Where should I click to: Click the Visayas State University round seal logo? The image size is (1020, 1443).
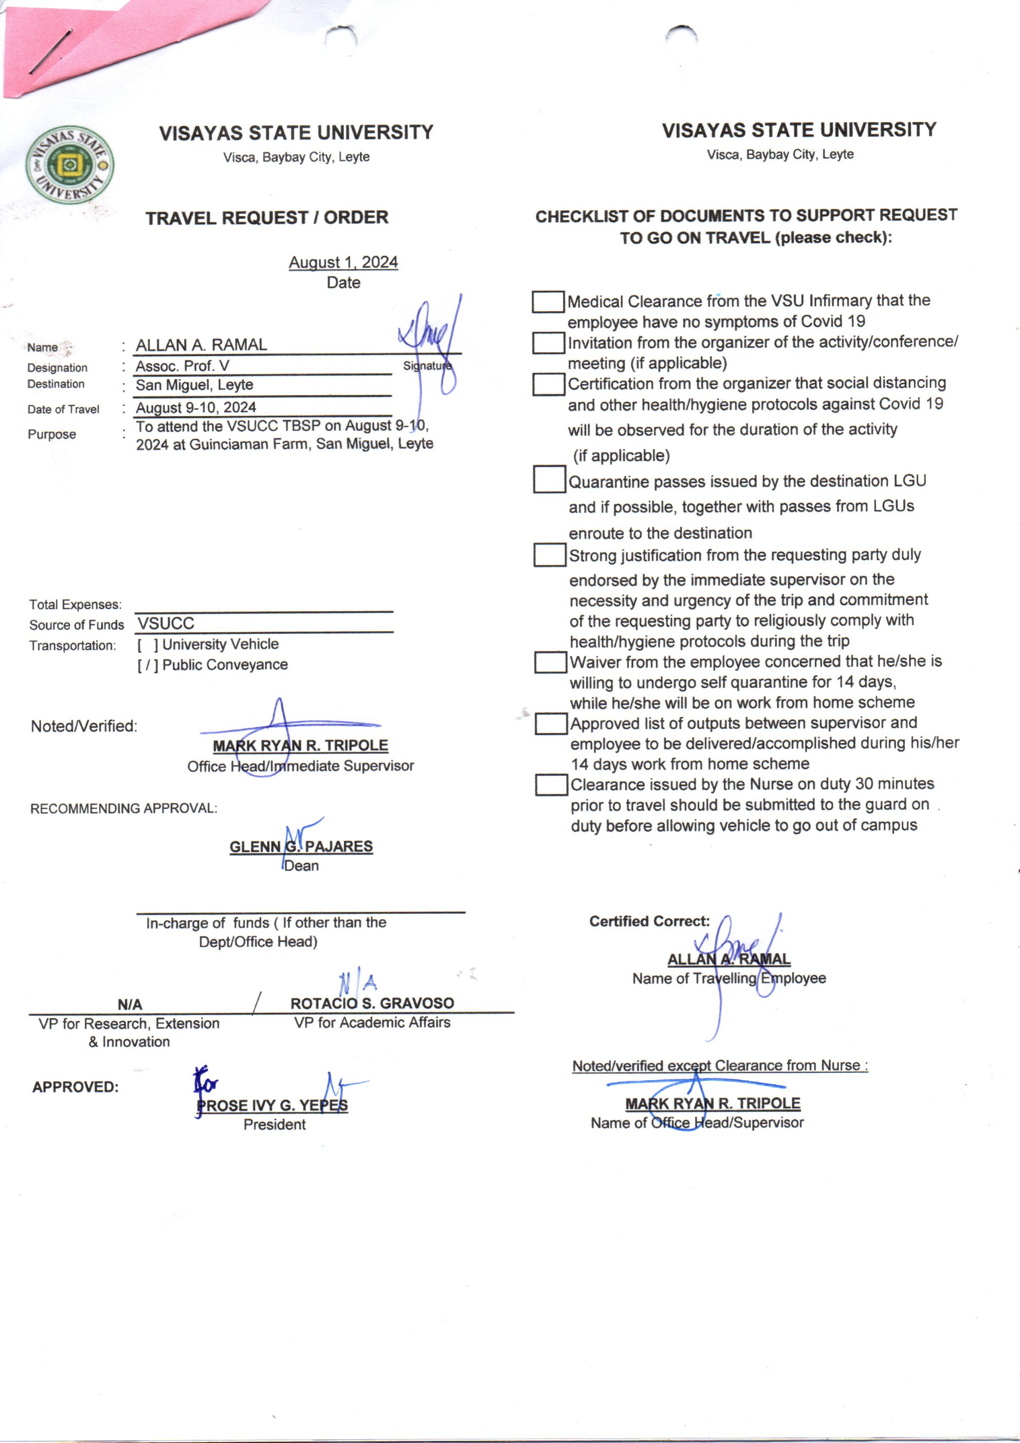70,165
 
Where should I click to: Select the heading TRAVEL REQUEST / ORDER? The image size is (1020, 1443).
267,218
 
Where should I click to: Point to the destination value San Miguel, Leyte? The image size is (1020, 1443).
195,385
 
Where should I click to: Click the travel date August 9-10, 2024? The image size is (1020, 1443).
196,407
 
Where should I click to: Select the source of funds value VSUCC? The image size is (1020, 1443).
167,623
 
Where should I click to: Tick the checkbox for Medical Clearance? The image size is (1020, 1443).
548,301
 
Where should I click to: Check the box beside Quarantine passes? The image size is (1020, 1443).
549,479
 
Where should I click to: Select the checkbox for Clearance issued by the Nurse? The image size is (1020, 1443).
552,785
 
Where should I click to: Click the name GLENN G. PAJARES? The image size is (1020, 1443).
301,847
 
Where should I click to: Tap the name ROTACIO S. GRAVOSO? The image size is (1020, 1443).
372,1003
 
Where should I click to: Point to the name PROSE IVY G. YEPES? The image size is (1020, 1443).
272,1106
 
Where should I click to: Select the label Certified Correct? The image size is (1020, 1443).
649,921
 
